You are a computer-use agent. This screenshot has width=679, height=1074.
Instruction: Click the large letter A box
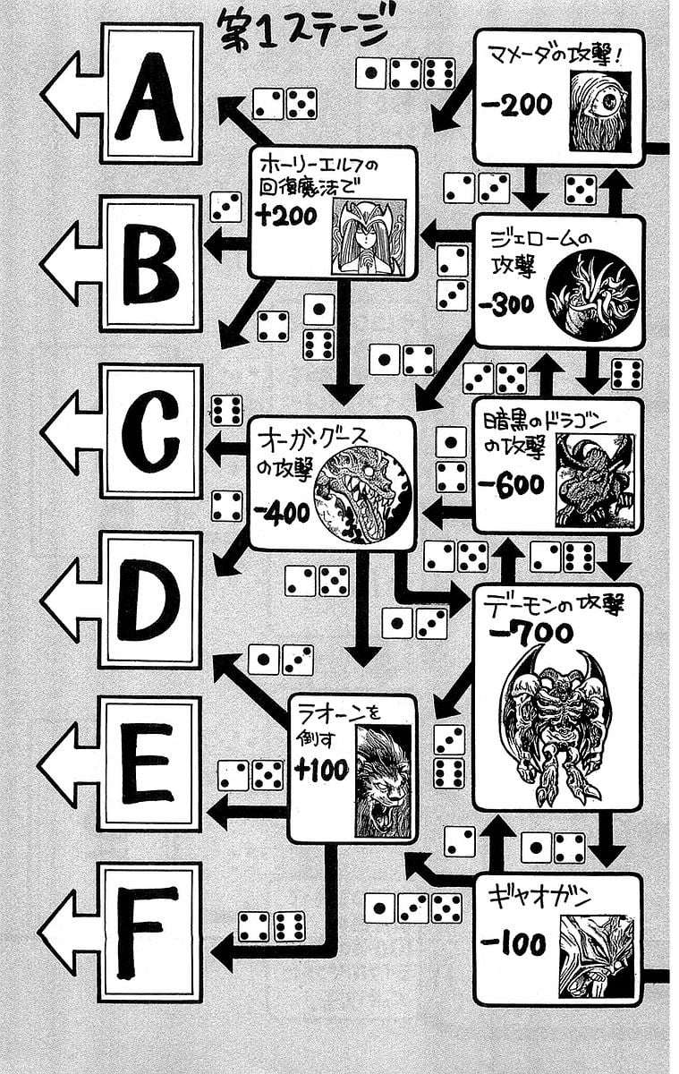[150, 94]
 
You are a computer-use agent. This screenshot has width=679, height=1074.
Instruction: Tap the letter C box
[150, 430]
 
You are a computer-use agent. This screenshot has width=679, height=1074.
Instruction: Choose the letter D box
[150, 599]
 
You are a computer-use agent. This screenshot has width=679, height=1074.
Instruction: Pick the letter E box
[150, 763]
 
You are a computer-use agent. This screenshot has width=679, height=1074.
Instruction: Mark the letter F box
[150, 931]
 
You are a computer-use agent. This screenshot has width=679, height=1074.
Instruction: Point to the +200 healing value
[286, 216]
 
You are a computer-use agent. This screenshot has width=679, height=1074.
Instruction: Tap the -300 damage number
[506, 305]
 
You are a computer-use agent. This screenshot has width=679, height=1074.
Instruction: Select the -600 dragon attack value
[511, 484]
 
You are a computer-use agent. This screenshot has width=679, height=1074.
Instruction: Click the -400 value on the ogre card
[281, 513]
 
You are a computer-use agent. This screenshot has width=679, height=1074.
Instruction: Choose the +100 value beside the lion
[321, 771]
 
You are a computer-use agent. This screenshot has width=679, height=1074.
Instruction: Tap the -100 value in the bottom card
[513, 944]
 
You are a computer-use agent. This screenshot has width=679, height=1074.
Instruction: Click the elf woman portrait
[367, 236]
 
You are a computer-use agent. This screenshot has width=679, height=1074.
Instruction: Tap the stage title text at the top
[304, 34]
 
